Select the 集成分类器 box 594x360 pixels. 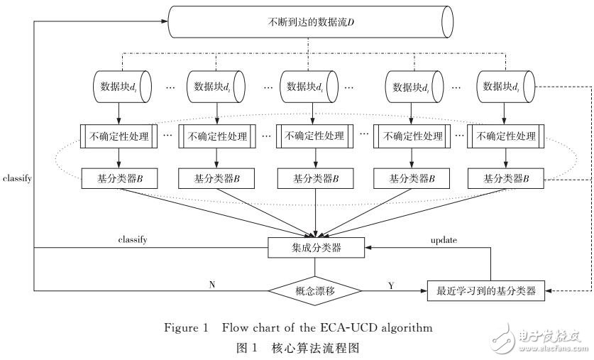(x=315, y=248)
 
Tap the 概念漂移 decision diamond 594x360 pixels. (x=315, y=290)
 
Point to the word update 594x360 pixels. (x=444, y=240)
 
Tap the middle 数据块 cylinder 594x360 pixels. (x=309, y=87)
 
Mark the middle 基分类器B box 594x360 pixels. (x=309, y=178)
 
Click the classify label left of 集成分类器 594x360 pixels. (x=132, y=240)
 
